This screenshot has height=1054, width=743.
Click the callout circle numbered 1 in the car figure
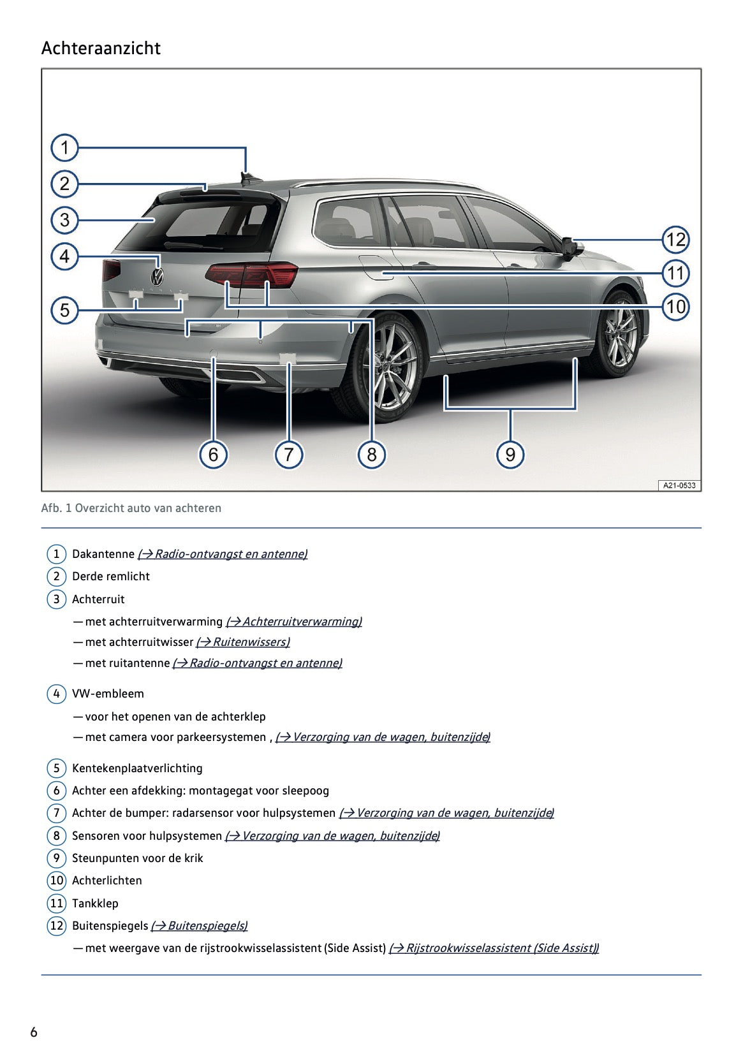pyautogui.click(x=64, y=148)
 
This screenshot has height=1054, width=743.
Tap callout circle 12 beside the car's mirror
pyautogui.click(x=675, y=240)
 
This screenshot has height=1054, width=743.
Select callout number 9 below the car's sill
pyautogui.click(x=510, y=454)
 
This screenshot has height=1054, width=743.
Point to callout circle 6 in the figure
pyautogui.click(x=213, y=454)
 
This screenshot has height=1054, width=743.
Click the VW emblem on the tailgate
pyautogui.click(x=157, y=277)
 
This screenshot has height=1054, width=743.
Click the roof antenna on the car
pyautogui.click(x=246, y=177)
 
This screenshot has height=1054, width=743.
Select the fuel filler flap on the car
pyautogui.click(x=375, y=267)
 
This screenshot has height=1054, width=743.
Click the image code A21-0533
pyautogui.click(x=679, y=485)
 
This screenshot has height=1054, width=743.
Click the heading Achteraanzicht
pyautogui.click(x=101, y=48)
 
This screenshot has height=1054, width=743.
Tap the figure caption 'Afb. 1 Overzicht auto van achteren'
pyautogui.click(x=131, y=508)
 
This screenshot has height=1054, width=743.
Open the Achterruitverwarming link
pyautogui.click(x=294, y=622)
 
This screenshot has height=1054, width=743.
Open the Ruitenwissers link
pyautogui.click(x=243, y=642)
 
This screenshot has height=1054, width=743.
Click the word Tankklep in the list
pyautogui.click(x=95, y=903)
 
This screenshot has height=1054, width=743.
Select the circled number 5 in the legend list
pyautogui.click(x=56, y=768)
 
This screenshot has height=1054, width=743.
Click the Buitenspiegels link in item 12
pyautogui.click(x=199, y=926)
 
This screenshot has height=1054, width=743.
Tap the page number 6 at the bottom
pyautogui.click(x=34, y=1032)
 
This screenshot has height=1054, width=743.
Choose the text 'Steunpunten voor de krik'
pyautogui.click(x=137, y=858)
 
